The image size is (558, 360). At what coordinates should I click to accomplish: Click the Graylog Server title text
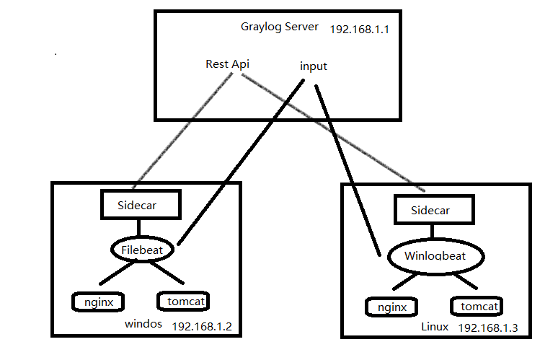click(x=280, y=27)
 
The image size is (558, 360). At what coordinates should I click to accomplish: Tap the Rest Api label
click(x=227, y=63)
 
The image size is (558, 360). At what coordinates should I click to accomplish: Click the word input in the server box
click(x=313, y=66)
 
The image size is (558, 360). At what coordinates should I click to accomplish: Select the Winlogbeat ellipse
click(x=435, y=256)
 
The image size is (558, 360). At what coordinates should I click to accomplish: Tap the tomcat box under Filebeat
click(x=184, y=300)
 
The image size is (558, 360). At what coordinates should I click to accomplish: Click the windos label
click(x=143, y=323)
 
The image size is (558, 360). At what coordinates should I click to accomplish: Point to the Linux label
click(x=434, y=327)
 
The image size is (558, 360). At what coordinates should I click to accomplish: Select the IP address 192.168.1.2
click(x=201, y=327)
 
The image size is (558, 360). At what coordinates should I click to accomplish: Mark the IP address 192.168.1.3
click(x=487, y=328)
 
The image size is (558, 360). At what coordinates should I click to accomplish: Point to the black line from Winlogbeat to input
click(x=346, y=166)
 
